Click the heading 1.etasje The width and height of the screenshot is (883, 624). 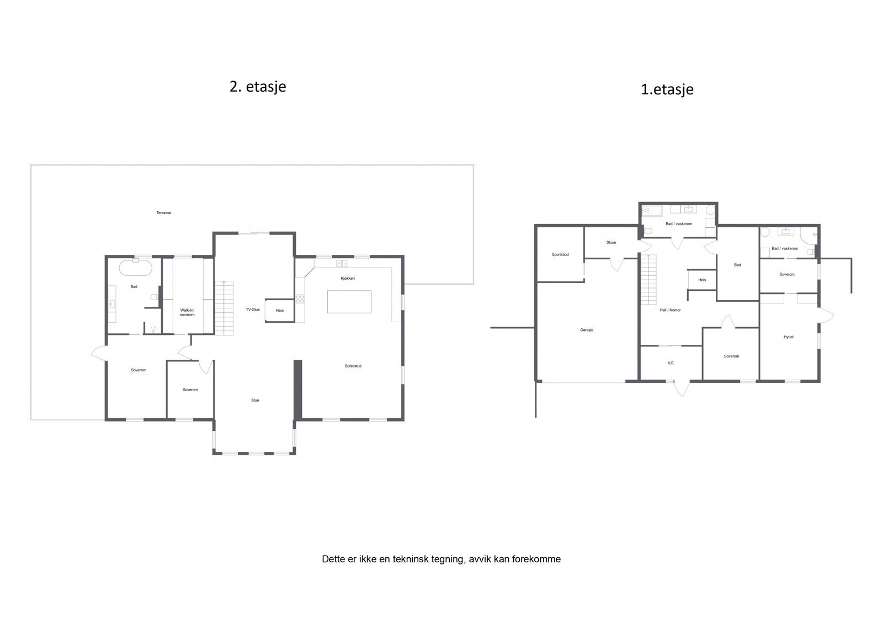667,89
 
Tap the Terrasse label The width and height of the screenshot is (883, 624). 163,213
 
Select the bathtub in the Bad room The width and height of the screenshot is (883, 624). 135,268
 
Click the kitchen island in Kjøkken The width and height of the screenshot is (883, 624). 349,302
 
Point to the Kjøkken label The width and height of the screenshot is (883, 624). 348,278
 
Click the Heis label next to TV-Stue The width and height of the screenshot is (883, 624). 279,311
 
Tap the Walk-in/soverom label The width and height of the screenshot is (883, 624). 187,312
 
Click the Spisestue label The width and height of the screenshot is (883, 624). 353,366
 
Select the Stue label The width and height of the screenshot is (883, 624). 255,400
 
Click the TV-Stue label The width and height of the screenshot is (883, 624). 253,310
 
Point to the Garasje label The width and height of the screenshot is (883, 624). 587,330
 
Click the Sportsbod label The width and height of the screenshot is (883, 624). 560,255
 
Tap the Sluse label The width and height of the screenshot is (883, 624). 611,242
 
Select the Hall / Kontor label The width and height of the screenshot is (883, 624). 670,310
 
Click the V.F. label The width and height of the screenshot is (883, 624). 671,363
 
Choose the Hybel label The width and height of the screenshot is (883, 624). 789,337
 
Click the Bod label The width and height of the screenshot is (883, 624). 737,265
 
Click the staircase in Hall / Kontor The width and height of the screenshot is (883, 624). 648,280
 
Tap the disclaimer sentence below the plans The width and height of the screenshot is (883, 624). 441,559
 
